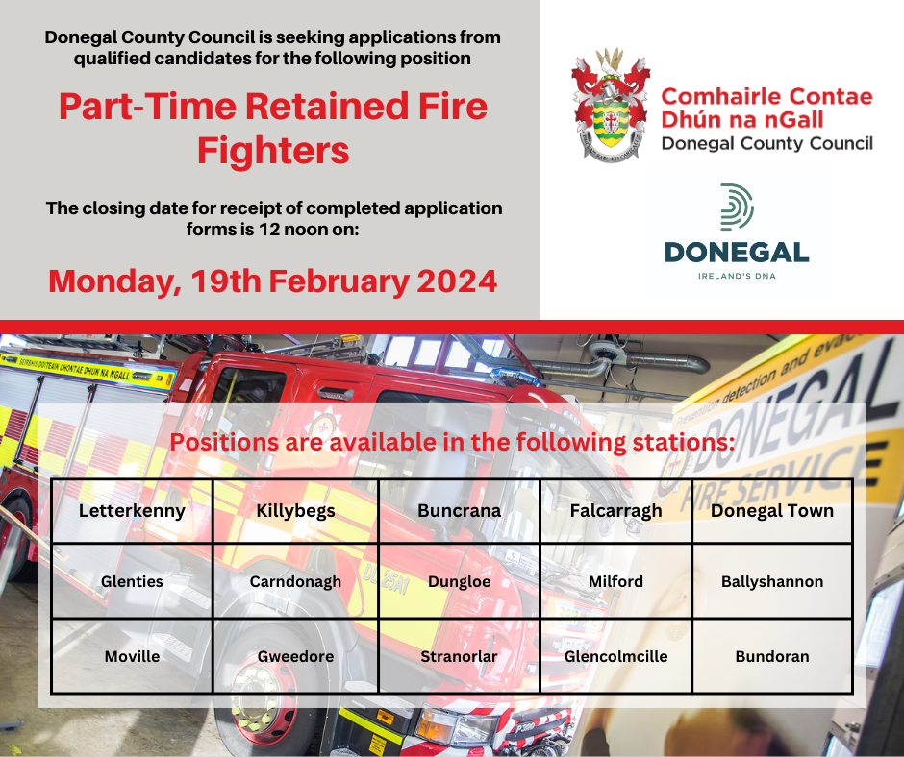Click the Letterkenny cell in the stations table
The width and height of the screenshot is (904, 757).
coord(132,511)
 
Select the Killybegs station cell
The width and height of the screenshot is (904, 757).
coord(295,511)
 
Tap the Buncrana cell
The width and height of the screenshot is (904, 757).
coord(459,511)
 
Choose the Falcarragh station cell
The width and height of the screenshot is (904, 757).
coord(615,511)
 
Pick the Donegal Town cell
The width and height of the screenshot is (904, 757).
coord(772,511)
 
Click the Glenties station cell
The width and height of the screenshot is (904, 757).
coord(132,581)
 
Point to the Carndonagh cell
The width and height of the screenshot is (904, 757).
coord(295,581)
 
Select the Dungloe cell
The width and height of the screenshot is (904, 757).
coord(459,581)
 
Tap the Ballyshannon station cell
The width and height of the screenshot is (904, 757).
coord(772,581)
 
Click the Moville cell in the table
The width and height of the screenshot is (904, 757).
coord(132,656)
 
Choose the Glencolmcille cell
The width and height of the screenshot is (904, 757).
coord(615,656)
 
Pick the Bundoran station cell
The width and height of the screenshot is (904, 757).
coord(772,656)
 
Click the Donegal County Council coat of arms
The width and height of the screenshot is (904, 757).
coord(611,105)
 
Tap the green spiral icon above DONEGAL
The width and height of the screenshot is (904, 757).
coord(737,208)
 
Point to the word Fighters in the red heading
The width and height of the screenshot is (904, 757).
coord(273,151)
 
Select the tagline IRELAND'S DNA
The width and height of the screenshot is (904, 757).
coord(737,276)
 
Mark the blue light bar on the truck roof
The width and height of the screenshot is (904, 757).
coord(515,378)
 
